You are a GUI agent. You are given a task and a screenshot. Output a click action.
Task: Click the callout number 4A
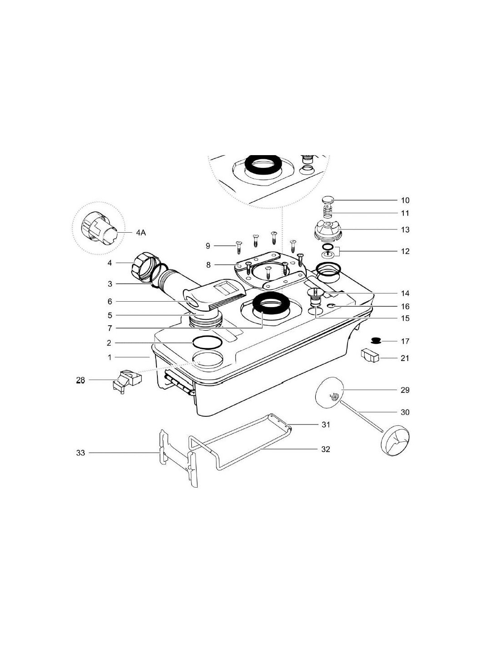141,233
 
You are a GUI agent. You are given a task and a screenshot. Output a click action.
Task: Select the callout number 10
405,200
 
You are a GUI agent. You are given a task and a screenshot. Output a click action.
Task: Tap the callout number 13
405,230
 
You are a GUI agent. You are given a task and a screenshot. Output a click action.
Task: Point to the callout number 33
80,453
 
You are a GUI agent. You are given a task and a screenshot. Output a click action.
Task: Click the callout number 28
81,381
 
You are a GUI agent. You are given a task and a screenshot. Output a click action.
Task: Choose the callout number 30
405,412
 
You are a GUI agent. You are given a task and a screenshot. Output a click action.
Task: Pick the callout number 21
405,358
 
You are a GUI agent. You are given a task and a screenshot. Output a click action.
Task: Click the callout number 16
405,307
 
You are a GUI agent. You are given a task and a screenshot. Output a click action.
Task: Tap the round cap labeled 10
329,199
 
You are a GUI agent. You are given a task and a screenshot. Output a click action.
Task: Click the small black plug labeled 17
376,340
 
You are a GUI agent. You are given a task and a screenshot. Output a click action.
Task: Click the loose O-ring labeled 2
208,342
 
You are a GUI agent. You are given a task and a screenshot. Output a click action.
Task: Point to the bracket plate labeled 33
177,458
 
